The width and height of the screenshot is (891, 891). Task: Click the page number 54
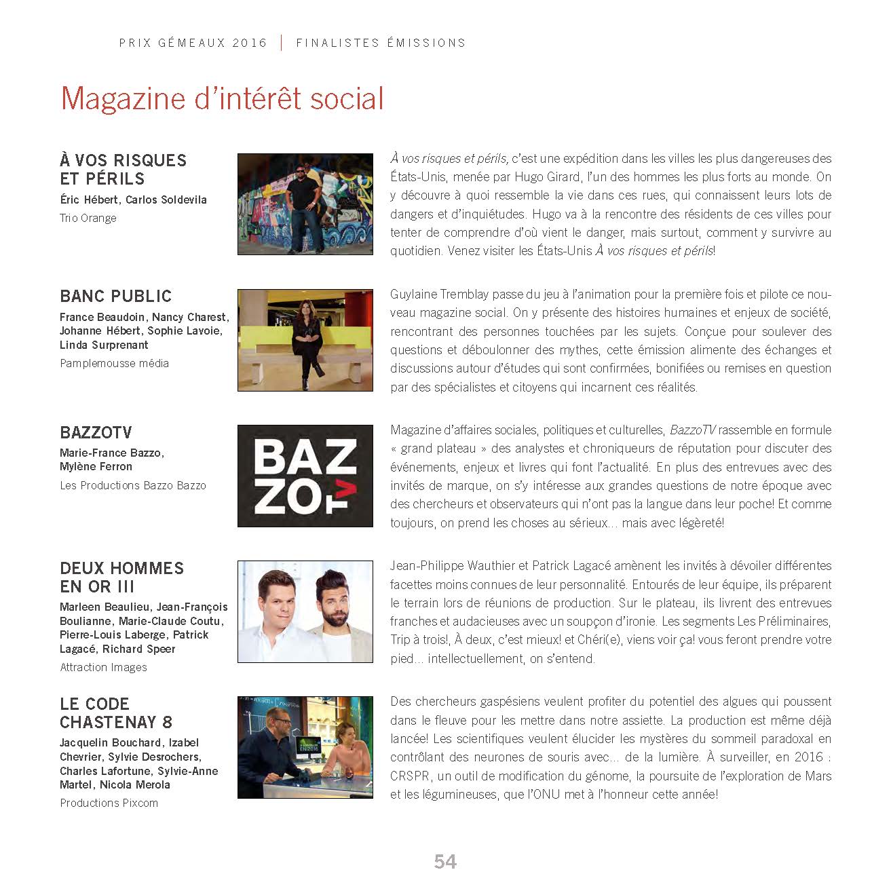click(445, 862)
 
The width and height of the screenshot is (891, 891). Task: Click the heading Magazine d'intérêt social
click(222, 98)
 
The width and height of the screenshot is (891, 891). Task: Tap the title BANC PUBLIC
click(116, 297)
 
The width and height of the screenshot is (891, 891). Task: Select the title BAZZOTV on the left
click(96, 433)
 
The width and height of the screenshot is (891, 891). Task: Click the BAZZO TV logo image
click(305, 476)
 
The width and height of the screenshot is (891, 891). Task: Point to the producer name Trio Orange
click(88, 218)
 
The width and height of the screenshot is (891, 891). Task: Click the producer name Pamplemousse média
click(114, 363)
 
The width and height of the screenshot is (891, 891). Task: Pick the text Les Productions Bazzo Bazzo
click(133, 485)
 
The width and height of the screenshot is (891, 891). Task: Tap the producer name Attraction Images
click(103, 667)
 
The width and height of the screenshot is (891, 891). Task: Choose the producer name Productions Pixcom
click(109, 803)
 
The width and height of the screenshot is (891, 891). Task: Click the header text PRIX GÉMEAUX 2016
click(193, 43)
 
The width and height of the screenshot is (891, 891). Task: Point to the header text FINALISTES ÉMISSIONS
click(381, 43)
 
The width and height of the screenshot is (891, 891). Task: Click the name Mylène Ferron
click(96, 467)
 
